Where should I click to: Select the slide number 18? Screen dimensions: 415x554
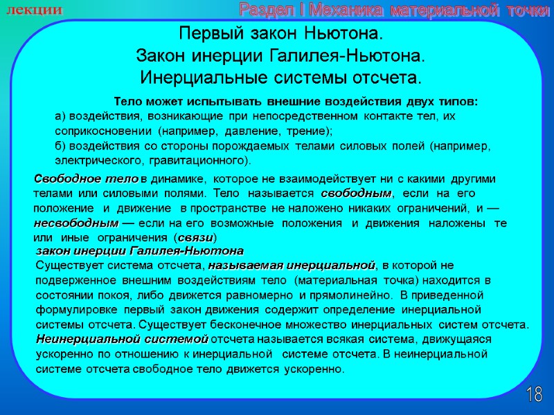pyautogui.click(x=534, y=396)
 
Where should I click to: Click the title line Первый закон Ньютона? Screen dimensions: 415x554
pyautogui.click(x=280, y=34)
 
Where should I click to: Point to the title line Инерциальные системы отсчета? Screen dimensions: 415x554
pyautogui.click(x=280, y=75)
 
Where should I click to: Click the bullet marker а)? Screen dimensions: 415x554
pyautogui.click(x=60, y=116)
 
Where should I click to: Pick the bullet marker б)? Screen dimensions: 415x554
pyautogui.click(x=60, y=147)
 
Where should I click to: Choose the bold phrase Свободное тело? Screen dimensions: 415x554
pyautogui.click(x=86, y=179)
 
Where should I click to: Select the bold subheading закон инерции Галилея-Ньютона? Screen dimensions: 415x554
pyautogui.click(x=139, y=250)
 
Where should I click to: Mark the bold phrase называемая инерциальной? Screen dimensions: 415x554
pyautogui.click(x=292, y=265)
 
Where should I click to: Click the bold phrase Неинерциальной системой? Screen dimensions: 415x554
pyautogui.click(x=122, y=340)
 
